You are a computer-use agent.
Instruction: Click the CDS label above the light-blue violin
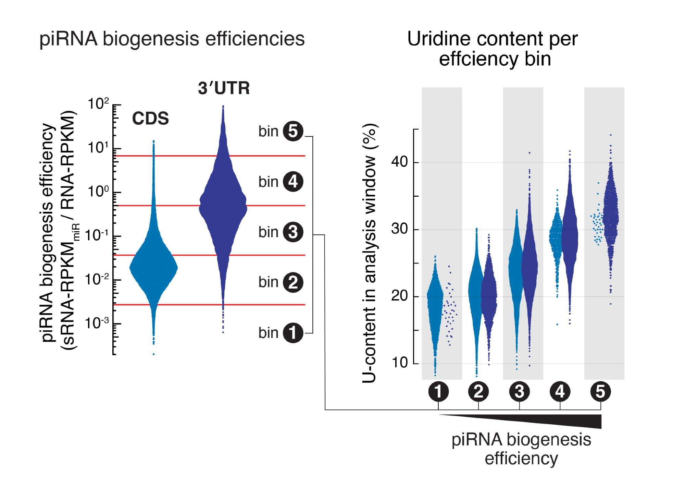[150, 118]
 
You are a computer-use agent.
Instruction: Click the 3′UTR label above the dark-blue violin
[224, 88]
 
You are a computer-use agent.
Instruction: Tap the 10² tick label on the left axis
[98, 103]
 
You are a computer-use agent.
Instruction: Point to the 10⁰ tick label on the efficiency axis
[98, 191]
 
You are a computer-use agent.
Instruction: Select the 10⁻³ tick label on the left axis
[97, 323]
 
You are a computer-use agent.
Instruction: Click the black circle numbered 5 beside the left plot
[293, 131]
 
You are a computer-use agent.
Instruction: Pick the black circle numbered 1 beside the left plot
[293, 333]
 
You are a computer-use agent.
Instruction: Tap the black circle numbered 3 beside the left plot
[293, 232]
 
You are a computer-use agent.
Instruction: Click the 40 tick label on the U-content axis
[399, 162]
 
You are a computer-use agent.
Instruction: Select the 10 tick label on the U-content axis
[399, 363]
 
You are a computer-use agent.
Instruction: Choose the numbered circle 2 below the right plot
[478, 391]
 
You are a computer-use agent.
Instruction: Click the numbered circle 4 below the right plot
[560, 391]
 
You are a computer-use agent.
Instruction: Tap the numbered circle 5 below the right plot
[600, 391]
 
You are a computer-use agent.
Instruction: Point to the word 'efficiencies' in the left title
[255, 39]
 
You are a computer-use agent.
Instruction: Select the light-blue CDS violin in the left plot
[153, 267]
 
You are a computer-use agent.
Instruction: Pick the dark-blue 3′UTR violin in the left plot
[223, 206]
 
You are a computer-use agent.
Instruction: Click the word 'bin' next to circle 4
[268, 182]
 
